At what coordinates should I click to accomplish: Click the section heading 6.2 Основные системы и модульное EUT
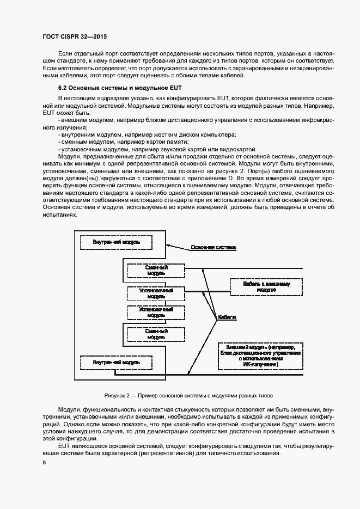click(120, 87)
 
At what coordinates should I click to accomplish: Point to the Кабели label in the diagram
click(227, 317)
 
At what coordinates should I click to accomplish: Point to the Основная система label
click(213, 248)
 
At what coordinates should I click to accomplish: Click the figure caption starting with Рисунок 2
click(188, 395)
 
